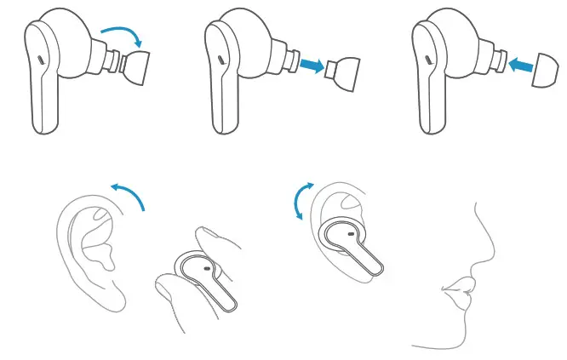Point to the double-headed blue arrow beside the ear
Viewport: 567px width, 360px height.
301,201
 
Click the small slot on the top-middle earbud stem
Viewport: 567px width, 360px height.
220,60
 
